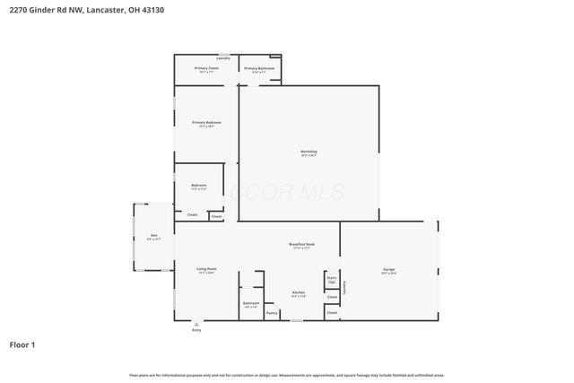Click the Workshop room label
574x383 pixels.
pos(309,152)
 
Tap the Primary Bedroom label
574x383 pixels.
pos(206,123)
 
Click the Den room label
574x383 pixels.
pos(153,236)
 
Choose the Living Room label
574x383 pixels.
pos(206,270)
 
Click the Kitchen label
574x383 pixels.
pos(299,293)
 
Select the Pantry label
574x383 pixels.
pos(272,313)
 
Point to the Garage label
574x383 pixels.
pos(389,270)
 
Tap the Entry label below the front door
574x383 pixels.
pos(196,331)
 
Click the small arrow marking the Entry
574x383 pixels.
pos(196,324)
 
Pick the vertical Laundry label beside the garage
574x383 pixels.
pos(344,287)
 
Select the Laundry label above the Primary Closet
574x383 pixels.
pos(222,57)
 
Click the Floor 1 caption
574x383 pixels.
pos(22,344)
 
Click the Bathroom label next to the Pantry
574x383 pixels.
pos(250,303)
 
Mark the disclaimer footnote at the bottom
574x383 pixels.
pos(286,375)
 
